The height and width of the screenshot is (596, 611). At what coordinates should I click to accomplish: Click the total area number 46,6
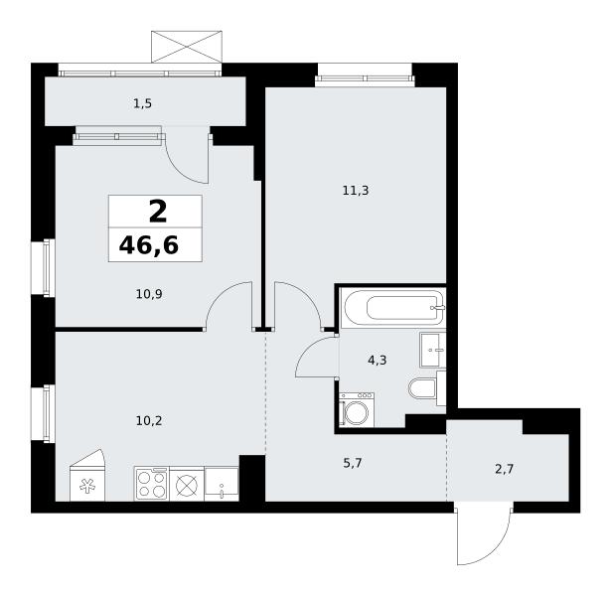pyautogui.click(x=149, y=245)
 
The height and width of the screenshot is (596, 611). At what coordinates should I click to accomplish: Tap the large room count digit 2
pyautogui.click(x=158, y=213)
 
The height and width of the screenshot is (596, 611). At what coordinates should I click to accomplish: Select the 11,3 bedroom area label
pyautogui.click(x=356, y=191)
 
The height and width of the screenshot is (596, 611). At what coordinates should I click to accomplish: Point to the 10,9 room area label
pyautogui.click(x=149, y=294)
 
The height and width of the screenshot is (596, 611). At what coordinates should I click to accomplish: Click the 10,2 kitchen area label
pyautogui.click(x=149, y=421)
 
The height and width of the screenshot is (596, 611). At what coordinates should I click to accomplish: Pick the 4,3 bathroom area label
pyautogui.click(x=378, y=361)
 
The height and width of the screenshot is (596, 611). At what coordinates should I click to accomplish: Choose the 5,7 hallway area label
pyautogui.click(x=353, y=463)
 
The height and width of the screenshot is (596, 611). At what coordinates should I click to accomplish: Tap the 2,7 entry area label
pyautogui.click(x=505, y=469)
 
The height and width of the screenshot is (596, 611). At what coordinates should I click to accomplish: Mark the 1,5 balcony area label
pyautogui.click(x=142, y=103)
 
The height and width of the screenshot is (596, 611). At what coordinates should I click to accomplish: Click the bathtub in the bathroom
pyautogui.click(x=392, y=308)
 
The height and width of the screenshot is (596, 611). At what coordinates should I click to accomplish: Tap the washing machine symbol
pyautogui.click(x=357, y=410)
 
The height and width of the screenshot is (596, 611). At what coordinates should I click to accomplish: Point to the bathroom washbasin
pyautogui.click(x=432, y=350)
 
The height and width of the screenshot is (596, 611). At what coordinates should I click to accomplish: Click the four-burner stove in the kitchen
pyautogui.click(x=152, y=484)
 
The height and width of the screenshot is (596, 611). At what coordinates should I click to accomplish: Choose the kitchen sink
pyautogui.click(x=222, y=484)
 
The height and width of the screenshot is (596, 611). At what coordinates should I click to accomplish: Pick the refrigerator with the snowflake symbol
pyautogui.click(x=87, y=476)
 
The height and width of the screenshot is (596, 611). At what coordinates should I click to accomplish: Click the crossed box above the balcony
pyautogui.click(x=187, y=47)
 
